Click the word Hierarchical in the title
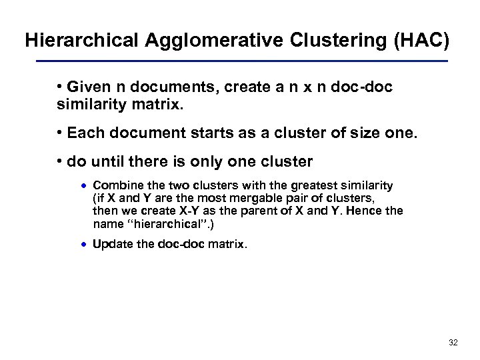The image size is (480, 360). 83,40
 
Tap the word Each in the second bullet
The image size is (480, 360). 85,133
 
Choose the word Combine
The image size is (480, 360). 115,185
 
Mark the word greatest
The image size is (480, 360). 312,185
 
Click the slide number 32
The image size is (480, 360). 453,343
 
